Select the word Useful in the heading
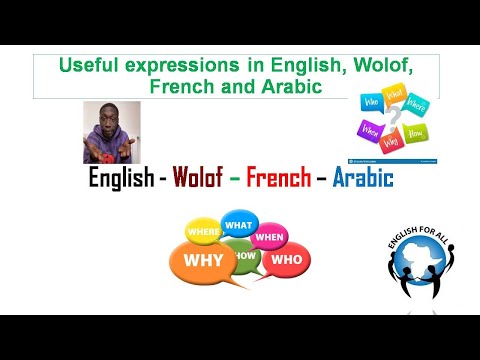(x=89, y=66)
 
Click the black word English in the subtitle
(x=124, y=179)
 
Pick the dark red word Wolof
(x=202, y=179)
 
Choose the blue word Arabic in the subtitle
(x=361, y=179)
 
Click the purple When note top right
(x=370, y=130)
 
